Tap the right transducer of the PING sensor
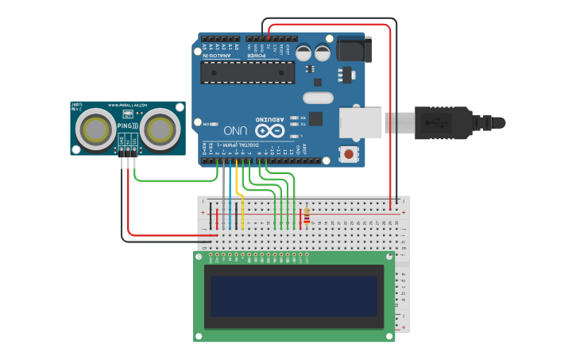160,127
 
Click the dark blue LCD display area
294,296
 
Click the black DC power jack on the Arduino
353,49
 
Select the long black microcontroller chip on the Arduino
247,72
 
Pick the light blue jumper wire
230,199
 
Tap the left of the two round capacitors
303,53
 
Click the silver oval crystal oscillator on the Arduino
318,98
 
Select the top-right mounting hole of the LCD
389,257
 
